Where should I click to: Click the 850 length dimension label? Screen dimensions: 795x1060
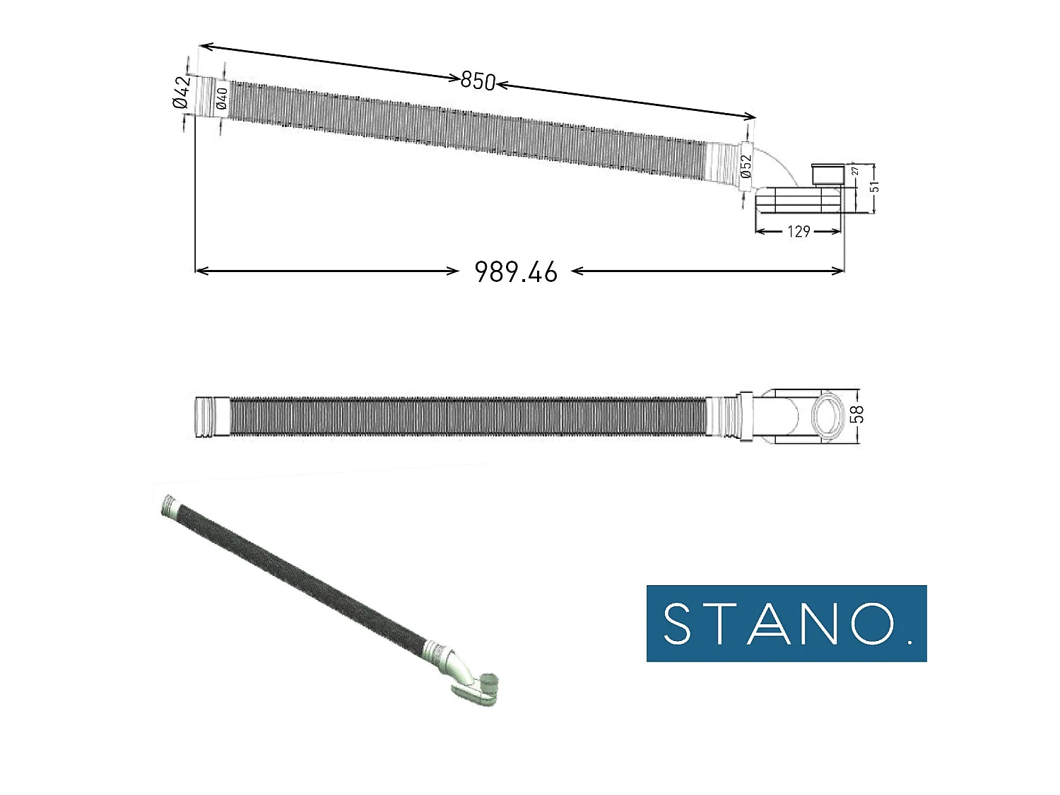point(478,81)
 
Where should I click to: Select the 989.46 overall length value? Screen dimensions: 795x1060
point(516,272)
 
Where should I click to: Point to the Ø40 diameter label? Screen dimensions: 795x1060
point(221,99)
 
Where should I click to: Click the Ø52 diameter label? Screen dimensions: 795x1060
point(746,167)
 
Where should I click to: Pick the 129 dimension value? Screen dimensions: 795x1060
point(799,232)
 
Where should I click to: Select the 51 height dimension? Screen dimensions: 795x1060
point(874,187)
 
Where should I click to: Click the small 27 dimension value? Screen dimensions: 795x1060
point(855,171)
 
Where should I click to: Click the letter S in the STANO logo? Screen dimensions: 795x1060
point(678,623)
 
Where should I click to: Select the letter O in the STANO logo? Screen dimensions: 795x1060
point(872,623)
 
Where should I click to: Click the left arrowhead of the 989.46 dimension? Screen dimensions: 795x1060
point(200,271)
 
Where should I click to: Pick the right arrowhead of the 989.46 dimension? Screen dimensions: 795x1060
point(840,271)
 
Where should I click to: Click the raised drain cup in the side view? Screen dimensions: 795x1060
point(828,174)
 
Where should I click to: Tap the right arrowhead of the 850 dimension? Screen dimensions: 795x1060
point(750,117)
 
